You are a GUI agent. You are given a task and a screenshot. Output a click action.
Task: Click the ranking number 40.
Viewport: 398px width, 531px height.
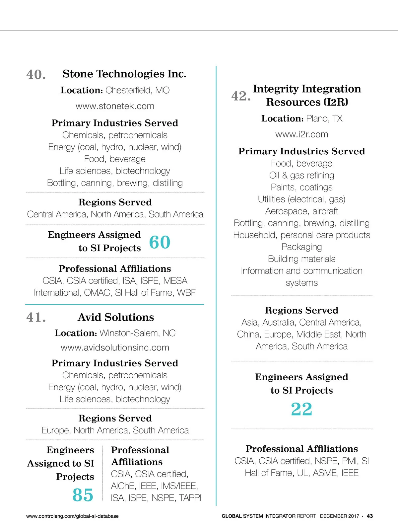[36, 75]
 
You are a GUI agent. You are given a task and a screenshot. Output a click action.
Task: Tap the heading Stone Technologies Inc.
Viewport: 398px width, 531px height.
[124, 74]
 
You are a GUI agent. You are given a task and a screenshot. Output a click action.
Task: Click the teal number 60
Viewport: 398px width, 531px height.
[160, 242]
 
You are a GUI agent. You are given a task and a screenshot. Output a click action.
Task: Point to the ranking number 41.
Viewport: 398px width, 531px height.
[36, 318]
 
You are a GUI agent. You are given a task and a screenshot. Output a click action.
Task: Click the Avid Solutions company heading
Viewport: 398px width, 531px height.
[116, 317]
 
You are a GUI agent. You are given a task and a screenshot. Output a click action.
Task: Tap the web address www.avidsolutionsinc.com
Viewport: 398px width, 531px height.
[115, 347]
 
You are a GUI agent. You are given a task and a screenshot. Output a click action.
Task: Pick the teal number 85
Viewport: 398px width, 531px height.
[83, 495]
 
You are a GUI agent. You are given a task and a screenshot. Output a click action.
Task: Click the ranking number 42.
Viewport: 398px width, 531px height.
[241, 96]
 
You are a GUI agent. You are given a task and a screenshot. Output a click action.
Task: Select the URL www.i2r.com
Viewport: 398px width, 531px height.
[301, 134]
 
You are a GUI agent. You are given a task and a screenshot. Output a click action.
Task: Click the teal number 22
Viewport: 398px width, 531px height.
[301, 409]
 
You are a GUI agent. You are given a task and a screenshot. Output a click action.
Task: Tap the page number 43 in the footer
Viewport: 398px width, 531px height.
[369, 516]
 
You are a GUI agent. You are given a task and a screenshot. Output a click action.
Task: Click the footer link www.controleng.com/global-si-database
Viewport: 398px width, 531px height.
[72, 516]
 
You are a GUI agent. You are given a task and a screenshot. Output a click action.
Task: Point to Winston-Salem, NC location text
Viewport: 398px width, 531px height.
[137, 333]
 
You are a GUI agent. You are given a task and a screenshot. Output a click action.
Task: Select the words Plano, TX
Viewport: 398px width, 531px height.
[324, 118]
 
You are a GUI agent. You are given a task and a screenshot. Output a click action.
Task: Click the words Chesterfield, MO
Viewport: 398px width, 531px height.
[137, 90]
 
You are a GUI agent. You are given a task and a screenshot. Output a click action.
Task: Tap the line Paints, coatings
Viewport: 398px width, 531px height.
[301, 187]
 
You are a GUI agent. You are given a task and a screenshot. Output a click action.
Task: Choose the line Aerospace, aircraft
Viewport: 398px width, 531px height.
[301, 211]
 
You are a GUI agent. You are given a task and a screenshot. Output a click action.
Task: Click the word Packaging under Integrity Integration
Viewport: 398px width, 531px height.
[301, 247]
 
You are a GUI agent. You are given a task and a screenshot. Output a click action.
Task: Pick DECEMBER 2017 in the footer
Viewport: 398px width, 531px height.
[339, 516]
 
